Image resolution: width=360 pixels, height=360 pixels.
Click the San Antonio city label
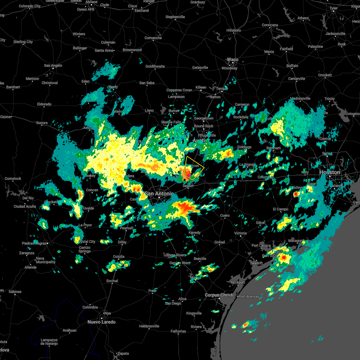(159, 194)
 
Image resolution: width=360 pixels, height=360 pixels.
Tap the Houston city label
(330, 172)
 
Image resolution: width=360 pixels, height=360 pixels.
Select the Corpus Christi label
(219, 295)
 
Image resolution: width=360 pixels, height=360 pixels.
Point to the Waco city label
(232, 59)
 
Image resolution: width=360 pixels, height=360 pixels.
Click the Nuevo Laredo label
(101, 322)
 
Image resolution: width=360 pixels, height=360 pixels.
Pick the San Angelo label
(53, 65)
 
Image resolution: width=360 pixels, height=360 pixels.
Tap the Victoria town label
(240, 233)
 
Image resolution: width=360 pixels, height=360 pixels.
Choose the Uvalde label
(88, 208)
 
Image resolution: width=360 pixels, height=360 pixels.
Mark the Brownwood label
(132, 50)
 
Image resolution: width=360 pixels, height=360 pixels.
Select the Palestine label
(315, 46)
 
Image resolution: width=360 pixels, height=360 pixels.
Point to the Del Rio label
(28, 198)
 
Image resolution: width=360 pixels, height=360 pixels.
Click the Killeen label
(201, 87)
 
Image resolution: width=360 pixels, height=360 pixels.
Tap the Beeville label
(200, 259)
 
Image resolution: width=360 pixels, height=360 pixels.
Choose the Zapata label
(123, 353)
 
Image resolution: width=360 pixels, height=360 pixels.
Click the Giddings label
(244, 147)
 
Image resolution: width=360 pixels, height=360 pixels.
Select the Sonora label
(42, 123)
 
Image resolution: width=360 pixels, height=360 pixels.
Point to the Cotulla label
(118, 256)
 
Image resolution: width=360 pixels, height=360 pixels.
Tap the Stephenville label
(175, 17)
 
